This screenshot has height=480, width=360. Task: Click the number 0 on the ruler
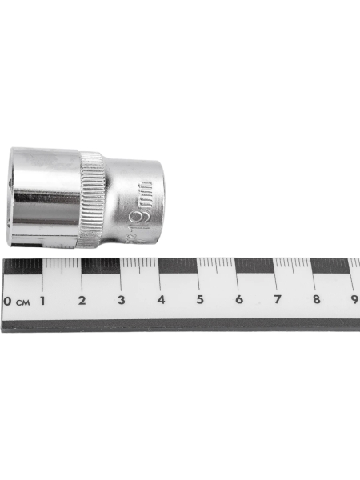[x=7, y=302]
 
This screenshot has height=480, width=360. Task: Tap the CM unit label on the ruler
[x=22, y=302]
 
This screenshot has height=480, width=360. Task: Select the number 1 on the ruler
[x=42, y=301]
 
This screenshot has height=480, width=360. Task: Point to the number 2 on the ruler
[x=82, y=301]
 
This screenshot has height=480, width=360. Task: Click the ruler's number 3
[x=121, y=301]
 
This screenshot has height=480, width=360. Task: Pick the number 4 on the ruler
[x=160, y=301]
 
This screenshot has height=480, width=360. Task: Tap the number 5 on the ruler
[x=199, y=301]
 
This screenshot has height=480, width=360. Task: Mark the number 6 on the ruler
[x=238, y=301]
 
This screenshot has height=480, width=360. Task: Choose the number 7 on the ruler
[x=277, y=301]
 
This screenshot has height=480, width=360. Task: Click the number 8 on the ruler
[x=316, y=301]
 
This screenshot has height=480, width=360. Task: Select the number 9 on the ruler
[x=354, y=301]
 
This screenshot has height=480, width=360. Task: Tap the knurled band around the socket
[x=91, y=198]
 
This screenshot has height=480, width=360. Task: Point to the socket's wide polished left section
[x=44, y=196]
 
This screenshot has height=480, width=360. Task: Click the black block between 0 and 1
[x=22, y=266]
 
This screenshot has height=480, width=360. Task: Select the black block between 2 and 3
[x=101, y=266]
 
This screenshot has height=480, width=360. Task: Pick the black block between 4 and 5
[x=178, y=266]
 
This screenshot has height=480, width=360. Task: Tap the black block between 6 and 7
[x=256, y=266]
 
